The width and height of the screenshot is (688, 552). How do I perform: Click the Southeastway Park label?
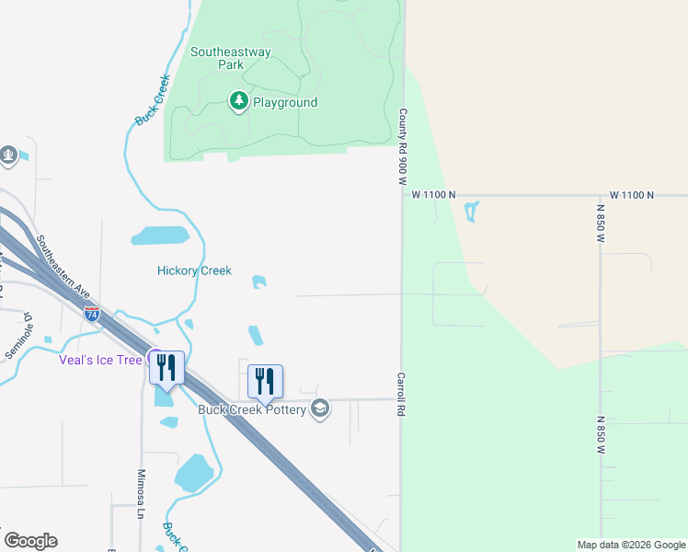[230, 58]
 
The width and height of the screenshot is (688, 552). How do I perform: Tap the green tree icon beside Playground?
[239, 100]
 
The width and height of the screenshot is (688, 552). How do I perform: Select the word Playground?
[285, 102]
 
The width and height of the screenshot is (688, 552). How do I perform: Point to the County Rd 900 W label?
[403, 147]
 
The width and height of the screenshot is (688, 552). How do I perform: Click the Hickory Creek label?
[194, 270]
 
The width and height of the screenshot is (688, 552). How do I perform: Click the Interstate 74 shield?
[91, 313]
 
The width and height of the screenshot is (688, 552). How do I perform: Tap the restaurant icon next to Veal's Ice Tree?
[166, 367]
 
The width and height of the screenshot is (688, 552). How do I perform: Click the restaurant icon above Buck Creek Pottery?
[265, 381]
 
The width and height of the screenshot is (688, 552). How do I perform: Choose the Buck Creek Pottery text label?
[252, 409]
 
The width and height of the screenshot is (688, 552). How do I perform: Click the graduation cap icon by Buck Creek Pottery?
[320, 408]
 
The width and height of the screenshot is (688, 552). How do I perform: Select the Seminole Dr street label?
[18, 336]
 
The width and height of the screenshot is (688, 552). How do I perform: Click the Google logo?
[30, 541]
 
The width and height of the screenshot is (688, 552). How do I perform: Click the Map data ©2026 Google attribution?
[630, 545]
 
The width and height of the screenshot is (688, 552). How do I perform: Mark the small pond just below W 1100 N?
[472, 213]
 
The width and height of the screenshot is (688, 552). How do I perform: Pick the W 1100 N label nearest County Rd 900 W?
[433, 195]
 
